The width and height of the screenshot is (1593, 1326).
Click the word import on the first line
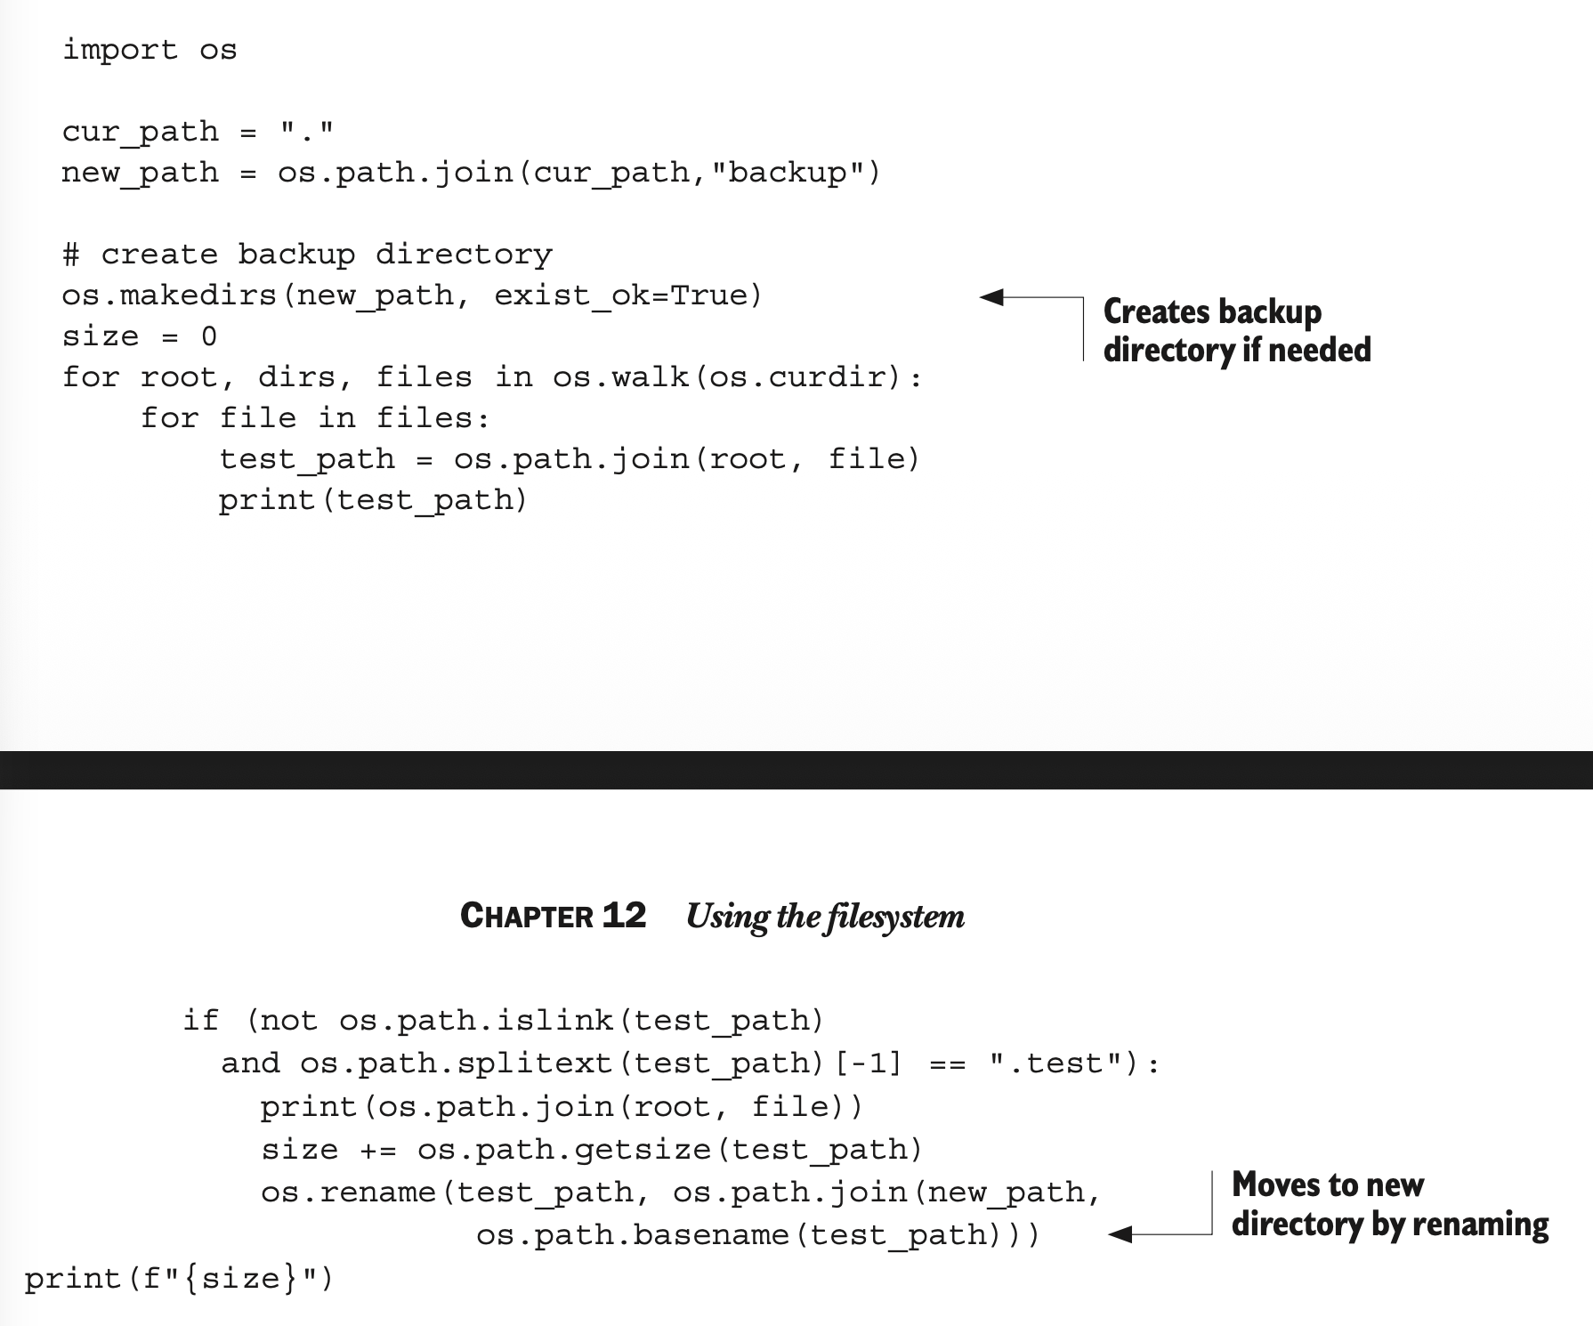point(119,50)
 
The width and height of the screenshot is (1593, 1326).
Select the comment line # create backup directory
point(307,255)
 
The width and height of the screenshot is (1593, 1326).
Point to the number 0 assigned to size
point(209,336)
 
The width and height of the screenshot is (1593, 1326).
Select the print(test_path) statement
point(373,500)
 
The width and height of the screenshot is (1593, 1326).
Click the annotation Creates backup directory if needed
point(1235,330)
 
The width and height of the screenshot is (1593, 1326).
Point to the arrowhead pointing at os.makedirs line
point(991,296)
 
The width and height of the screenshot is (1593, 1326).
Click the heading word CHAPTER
point(526,916)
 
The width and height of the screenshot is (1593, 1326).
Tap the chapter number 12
point(624,915)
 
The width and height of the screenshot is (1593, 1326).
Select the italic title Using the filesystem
point(825,916)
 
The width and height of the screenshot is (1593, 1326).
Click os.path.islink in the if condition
point(476,1020)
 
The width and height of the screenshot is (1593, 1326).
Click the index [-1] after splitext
point(869,1063)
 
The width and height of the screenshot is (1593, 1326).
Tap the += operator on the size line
point(377,1150)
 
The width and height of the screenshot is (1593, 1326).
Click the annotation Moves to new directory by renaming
point(1388,1204)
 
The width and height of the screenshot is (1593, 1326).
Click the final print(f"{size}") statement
point(179,1279)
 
